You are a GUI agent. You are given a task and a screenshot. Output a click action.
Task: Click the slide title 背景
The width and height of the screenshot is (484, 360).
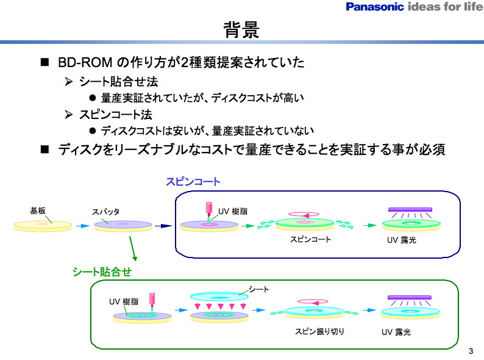pos(241,30)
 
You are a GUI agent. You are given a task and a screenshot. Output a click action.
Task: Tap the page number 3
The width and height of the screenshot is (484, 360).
pos(470,351)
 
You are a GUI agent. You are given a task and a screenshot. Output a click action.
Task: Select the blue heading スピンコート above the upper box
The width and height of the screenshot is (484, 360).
pos(193,182)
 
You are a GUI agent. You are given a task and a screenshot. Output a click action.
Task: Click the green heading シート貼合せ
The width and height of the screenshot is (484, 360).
pos(102,271)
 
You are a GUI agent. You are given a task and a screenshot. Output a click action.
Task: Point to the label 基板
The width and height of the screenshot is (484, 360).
pos(37,211)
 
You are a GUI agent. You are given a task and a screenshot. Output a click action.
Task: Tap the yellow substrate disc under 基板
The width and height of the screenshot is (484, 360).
pos(43,226)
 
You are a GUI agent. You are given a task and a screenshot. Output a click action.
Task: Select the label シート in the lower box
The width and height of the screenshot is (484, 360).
pos(258,289)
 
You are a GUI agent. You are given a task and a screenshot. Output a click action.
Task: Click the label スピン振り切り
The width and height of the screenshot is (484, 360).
pos(320,332)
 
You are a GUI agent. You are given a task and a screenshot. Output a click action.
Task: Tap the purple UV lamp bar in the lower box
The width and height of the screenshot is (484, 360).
pos(410,297)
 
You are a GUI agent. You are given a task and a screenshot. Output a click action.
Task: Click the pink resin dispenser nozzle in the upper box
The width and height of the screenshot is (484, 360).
pos(209,209)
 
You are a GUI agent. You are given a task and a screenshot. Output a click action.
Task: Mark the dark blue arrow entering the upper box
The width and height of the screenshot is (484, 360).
pos(163,226)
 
